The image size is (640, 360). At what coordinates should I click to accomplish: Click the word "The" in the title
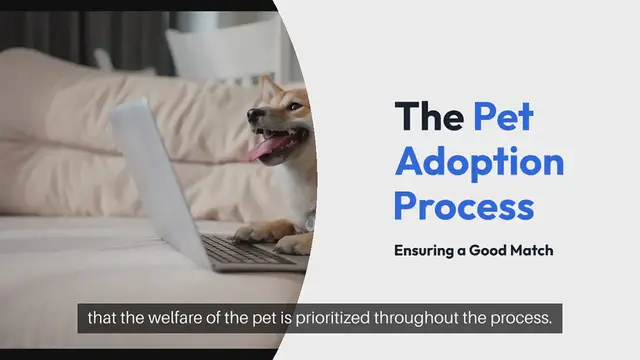click(428, 117)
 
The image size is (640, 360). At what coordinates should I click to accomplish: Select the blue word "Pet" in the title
click(504, 117)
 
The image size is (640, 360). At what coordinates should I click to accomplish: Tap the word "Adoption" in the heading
click(478, 161)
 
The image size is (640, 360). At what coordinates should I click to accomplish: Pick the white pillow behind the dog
click(215, 55)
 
